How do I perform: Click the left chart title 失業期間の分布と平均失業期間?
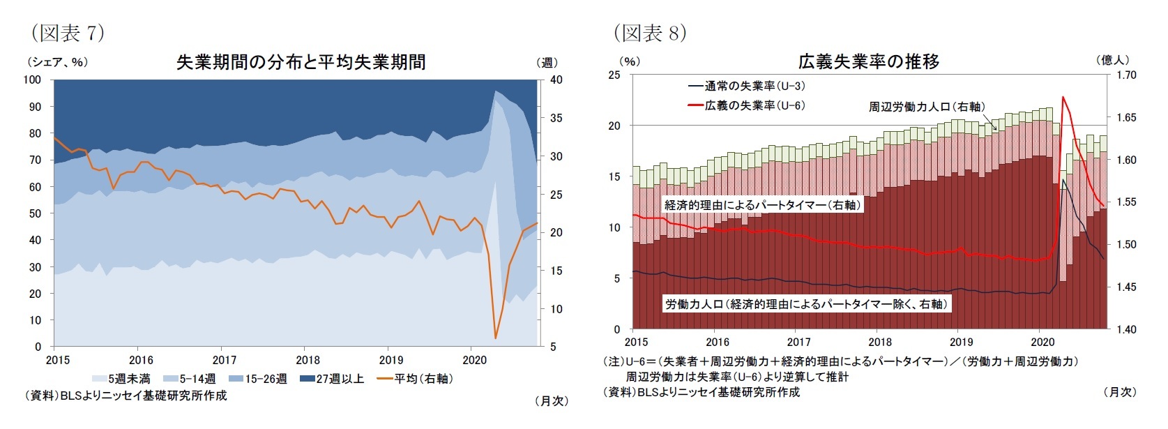coord(301,62)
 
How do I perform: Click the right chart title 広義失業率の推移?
coord(868,61)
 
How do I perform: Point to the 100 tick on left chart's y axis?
coord(32,80)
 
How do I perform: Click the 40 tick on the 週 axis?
coord(556,80)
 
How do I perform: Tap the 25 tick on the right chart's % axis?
coord(614,75)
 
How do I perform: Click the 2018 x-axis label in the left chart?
coord(308,360)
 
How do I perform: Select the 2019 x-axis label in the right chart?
coord(961,342)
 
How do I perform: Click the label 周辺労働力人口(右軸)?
coord(926,107)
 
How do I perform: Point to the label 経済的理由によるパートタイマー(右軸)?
coord(763,205)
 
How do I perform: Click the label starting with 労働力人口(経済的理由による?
coord(805,304)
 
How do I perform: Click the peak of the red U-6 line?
coord(1063,97)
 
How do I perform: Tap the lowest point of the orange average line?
coord(495,338)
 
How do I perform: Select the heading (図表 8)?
coord(650,32)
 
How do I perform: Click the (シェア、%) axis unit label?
coord(57,62)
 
